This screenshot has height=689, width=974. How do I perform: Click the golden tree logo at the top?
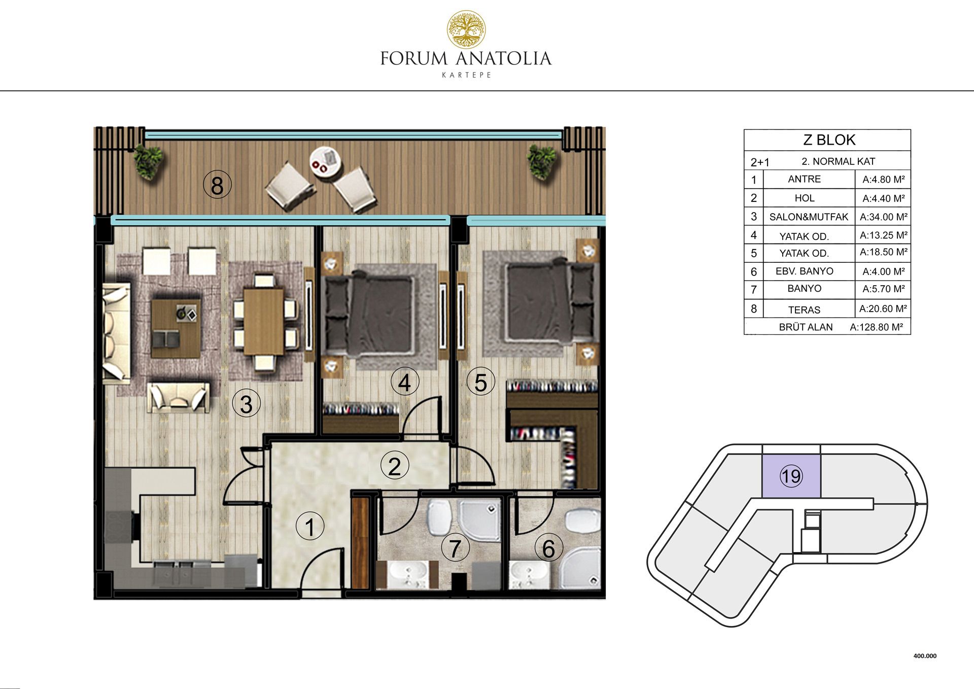coord(466,30)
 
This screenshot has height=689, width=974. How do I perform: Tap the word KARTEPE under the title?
coord(466,75)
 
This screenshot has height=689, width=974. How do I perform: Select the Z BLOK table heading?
coord(829,140)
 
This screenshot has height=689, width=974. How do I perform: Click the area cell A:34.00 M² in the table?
coord(883,217)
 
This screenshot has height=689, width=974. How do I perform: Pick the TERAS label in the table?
coord(804,309)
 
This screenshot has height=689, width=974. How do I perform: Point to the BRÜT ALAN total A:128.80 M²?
coord(876,327)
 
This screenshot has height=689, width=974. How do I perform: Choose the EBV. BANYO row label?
coord(804,271)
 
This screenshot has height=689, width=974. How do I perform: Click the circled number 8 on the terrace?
coord(217,185)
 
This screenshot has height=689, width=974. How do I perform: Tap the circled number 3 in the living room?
coord(246,404)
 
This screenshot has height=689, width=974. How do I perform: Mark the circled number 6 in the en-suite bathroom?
coord(548,548)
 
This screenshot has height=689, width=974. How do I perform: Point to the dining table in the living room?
coord(264,322)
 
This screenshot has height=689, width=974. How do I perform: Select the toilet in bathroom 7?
coord(439,517)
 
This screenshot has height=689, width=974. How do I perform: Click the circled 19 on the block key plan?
coord(791,476)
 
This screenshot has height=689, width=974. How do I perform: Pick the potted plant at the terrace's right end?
coord(542,161)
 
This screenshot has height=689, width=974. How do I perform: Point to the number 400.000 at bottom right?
coord(925,656)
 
